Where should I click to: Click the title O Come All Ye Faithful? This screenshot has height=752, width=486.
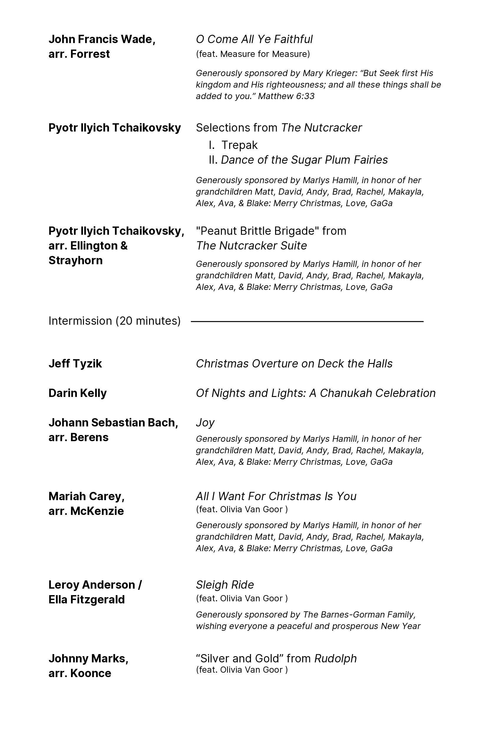(x=254, y=40)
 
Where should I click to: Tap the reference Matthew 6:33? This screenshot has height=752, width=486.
(x=286, y=96)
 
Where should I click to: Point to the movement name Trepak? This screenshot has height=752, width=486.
(x=239, y=145)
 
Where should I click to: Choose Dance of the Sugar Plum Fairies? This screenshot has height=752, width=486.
(x=304, y=160)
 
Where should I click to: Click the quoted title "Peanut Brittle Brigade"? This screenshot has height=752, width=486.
(x=257, y=231)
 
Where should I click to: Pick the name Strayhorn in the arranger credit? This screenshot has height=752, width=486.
(x=76, y=260)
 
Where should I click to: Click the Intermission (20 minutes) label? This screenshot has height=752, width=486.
(x=115, y=321)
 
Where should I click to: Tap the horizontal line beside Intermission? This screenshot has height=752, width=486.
(x=307, y=322)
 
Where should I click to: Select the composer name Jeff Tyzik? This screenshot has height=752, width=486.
(x=75, y=364)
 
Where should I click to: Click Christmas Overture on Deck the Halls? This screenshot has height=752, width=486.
(x=294, y=364)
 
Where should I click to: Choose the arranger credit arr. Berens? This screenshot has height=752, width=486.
(x=79, y=437)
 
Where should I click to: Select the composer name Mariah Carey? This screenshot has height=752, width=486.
(x=86, y=496)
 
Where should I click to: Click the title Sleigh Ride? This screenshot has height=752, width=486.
(x=225, y=585)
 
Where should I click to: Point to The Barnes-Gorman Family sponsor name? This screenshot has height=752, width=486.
(x=359, y=615)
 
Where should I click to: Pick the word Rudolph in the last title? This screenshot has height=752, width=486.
(x=335, y=659)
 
